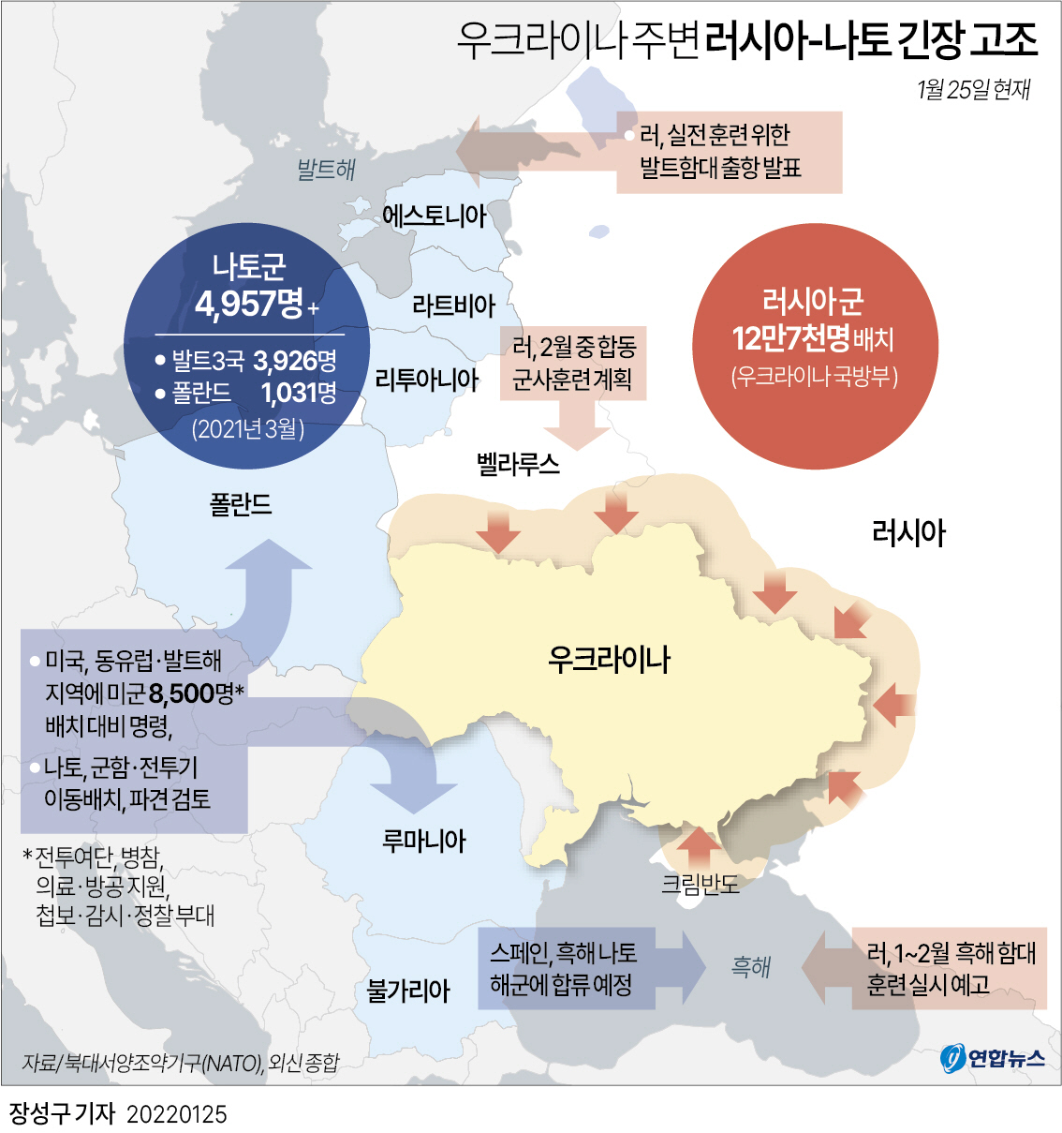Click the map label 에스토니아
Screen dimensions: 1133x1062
(434, 216)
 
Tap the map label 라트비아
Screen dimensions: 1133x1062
(453, 306)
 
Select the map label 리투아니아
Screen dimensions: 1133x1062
(426, 380)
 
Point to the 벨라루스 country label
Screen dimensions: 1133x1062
(518, 464)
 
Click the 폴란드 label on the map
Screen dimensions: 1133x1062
(241, 505)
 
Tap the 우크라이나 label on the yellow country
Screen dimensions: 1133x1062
(609, 659)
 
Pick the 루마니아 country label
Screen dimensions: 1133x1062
(423, 840)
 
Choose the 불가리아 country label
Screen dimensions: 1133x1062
(408, 990)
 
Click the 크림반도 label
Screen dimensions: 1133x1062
(700, 884)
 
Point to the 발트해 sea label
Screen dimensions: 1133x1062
(326, 170)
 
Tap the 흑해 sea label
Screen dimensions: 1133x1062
(751, 966)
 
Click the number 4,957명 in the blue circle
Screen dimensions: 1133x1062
(249, 304)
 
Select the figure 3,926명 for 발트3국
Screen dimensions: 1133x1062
(295, 361)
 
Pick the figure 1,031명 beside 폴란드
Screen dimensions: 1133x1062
(299, 393)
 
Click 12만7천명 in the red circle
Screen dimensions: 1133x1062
(790, 338)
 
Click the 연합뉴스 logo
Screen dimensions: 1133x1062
(993, 1058)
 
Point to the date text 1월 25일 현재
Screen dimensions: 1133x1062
(973, 89)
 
